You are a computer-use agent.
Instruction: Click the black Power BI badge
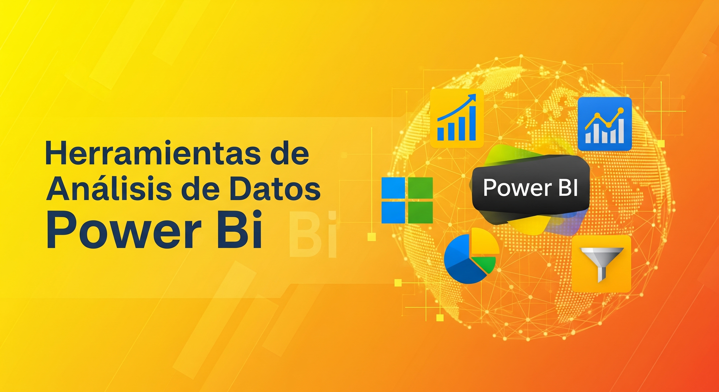(531, 188)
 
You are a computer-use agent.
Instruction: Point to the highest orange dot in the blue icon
(620, 111)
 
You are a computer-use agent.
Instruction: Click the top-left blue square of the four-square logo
(393, 188)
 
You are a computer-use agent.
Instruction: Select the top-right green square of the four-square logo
(420, 188)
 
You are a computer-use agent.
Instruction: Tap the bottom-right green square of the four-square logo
(420, 212)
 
